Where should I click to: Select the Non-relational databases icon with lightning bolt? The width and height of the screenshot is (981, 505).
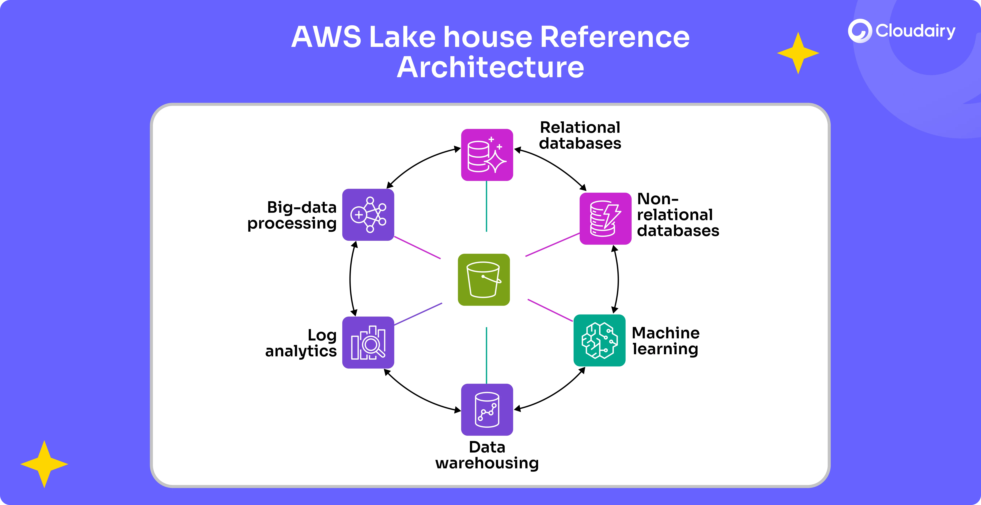tap(605, 219)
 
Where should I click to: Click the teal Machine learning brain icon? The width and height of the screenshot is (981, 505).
tap(599, 341)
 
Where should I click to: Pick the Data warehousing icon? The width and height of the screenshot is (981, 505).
tap(487, 409)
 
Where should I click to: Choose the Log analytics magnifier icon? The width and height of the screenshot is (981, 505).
tap(368, 342)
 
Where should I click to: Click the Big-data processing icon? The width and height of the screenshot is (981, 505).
tap(368, 215)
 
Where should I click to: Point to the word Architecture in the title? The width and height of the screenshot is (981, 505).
tap(490, 67)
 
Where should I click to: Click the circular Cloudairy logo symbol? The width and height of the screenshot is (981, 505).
tap(859, 31)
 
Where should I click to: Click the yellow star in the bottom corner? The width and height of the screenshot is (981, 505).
tap(44, 464)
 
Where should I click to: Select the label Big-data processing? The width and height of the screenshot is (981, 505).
tap(292, 215)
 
